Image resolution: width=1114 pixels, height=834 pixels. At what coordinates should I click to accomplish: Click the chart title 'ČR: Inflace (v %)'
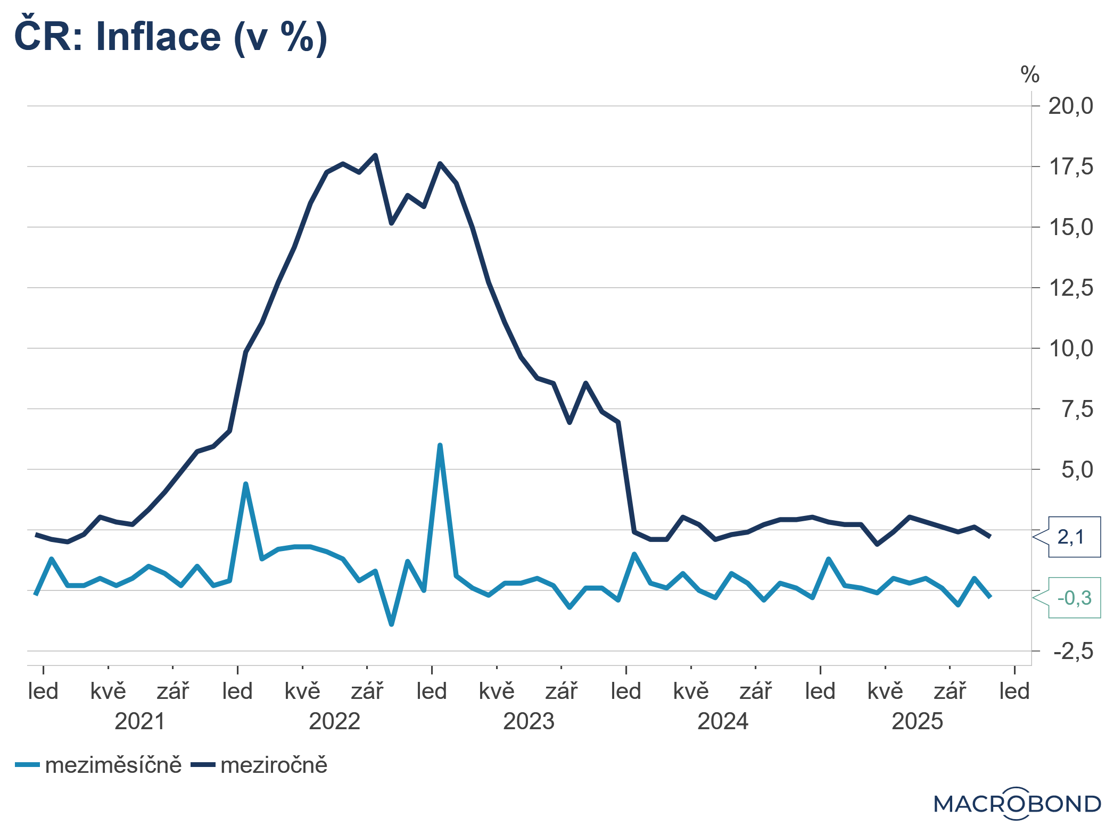(x=170, y=37)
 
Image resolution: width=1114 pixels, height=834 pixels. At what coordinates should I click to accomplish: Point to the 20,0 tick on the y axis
(x=1070, y=106)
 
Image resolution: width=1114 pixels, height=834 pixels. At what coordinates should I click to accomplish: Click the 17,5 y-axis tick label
(x=1070, y=167)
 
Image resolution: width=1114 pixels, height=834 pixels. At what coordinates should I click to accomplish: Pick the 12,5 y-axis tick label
(x=1070, y=288)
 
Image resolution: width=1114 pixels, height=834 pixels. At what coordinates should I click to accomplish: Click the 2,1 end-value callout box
(x=1074, y=537)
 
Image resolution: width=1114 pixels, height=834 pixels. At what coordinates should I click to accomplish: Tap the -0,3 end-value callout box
(x=1074, y=598)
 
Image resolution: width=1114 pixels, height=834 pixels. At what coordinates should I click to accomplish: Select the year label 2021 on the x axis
(x=140, y=722)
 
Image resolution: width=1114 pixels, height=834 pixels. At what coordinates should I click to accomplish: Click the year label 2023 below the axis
(x=529, y=722)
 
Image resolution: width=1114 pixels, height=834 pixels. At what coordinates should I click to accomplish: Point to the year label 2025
(x=917, y=722)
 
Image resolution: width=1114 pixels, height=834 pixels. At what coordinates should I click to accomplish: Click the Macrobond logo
(x=1017, y=804)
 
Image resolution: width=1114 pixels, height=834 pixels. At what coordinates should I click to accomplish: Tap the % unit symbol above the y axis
(x=1030, y=75)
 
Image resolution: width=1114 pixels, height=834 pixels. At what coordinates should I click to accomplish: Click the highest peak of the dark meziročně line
(x=375, y=155)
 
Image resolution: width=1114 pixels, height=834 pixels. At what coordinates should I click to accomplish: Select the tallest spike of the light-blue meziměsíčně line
(x=440, y=445)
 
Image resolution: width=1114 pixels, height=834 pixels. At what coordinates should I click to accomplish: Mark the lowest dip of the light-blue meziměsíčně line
(x=391, y=624)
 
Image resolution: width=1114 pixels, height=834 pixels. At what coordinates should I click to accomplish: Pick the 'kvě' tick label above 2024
(x=691, y=691)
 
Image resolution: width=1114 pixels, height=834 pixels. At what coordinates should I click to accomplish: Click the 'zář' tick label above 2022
(x=367, y=691)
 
